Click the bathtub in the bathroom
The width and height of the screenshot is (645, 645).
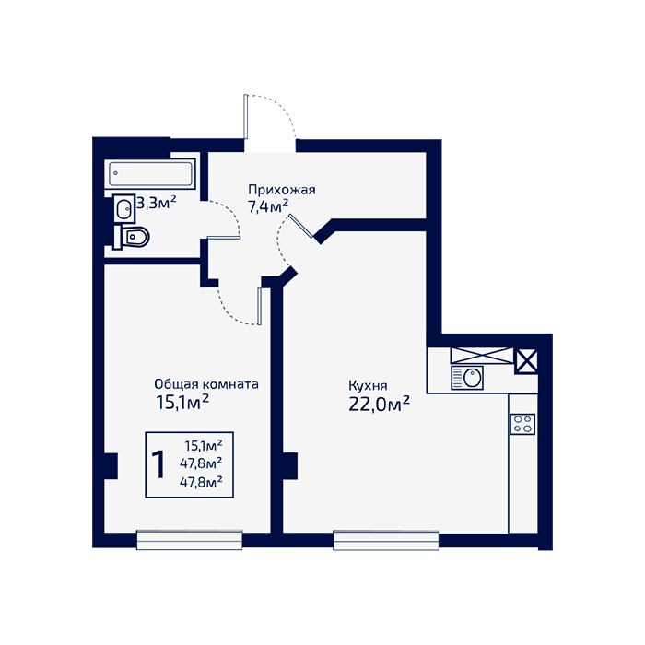[150, 173]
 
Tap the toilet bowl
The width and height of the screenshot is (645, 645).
[131, 237]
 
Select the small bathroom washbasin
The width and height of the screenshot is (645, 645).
[123, 208]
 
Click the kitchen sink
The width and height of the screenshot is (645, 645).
[467, 377]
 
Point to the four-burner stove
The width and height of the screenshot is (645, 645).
[522, 424]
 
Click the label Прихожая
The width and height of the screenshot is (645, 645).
[282, 190]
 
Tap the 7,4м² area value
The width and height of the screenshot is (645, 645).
[268, 206]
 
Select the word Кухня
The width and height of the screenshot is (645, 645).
[368, 386]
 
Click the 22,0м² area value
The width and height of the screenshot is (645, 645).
[379, 405]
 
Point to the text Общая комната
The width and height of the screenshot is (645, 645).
[206, 384]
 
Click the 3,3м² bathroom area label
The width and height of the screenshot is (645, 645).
[157, 203]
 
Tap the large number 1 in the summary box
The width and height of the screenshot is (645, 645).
[158, 464]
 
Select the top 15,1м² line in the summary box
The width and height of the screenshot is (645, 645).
[204, 445]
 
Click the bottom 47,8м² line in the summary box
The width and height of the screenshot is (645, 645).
[201, 482]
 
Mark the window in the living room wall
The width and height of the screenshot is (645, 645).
[189, 540]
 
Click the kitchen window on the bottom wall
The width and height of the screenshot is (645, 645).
[386, 541]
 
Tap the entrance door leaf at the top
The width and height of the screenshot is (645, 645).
[246, 117]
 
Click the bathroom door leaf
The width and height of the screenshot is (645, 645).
[224, 238]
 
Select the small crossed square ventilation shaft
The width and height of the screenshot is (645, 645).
[526, 361]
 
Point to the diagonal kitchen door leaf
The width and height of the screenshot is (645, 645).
[301, 226]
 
